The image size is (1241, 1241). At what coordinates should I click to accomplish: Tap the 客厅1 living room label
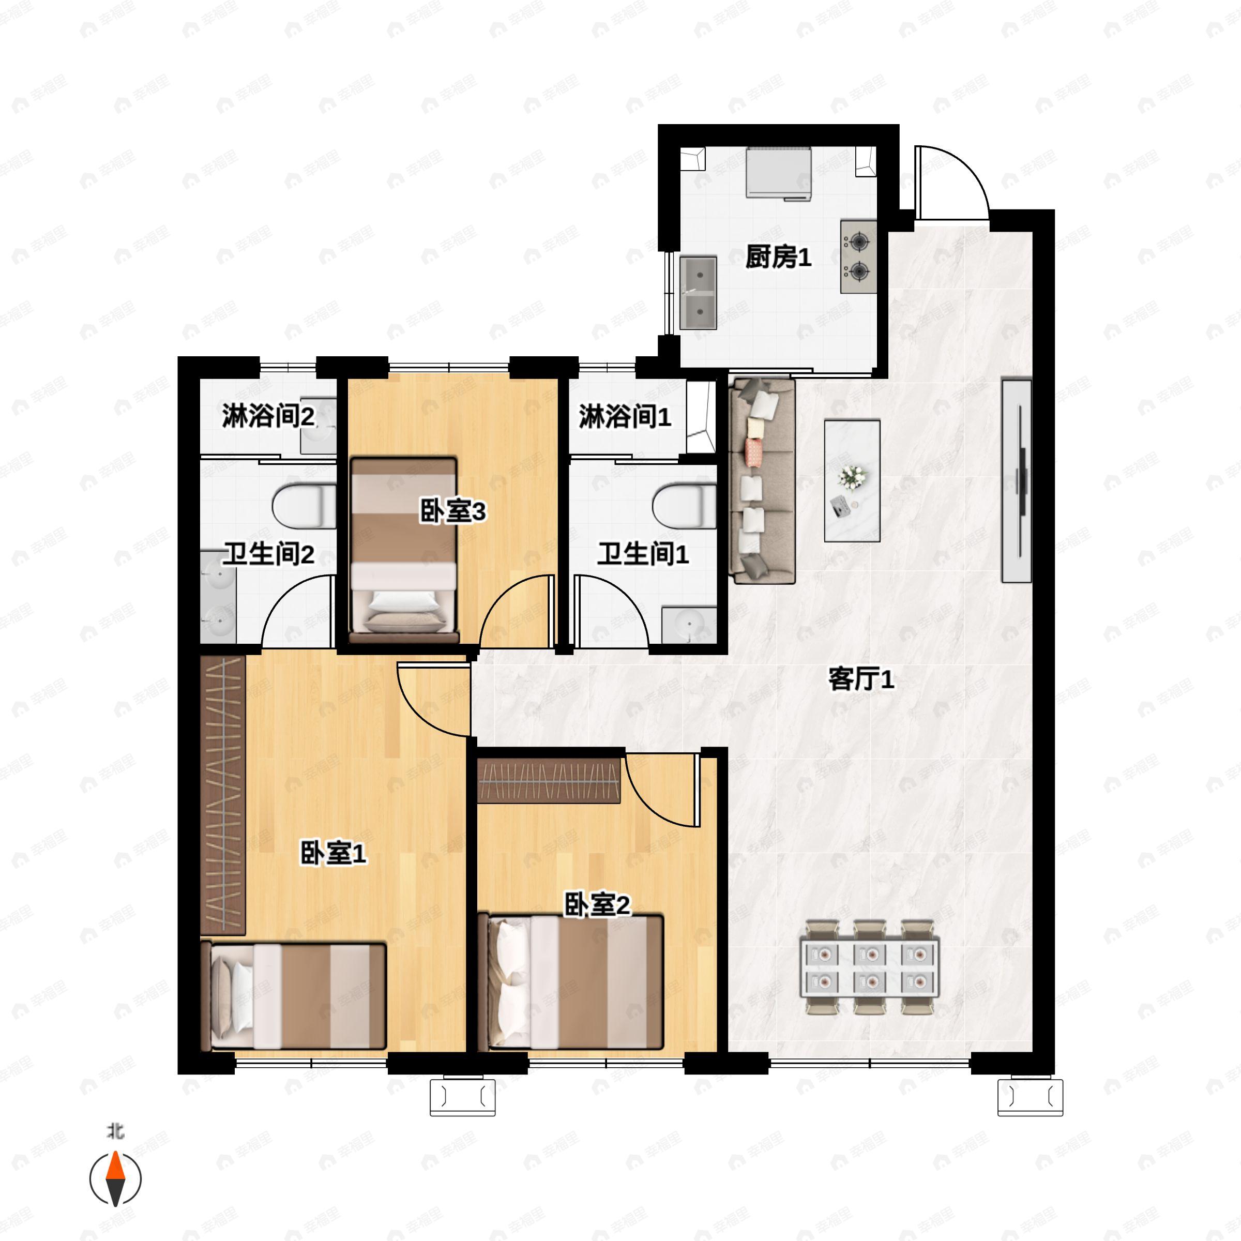click(861, 679)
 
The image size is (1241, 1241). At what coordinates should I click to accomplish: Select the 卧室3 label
click(453, 511)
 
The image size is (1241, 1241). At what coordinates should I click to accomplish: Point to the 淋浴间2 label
click(268, 416)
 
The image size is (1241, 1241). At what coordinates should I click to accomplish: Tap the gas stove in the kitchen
click(859, 257)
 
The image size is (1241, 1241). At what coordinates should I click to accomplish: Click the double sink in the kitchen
click(698, 293)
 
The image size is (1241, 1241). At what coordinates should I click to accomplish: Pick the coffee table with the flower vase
click(852, 480)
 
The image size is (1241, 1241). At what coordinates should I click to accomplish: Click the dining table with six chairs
click(870, 967)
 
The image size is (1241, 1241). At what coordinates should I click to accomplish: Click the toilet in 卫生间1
click(685, 506)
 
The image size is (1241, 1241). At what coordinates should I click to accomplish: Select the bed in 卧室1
click(294, 996)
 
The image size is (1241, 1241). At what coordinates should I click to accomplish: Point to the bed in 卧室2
click(572, 983)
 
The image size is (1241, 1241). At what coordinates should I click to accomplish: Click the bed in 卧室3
click(404, 549)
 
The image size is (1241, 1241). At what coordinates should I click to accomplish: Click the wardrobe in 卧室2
click(549, 780)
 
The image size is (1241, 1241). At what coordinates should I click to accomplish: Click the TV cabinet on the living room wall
click(1016, 480)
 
